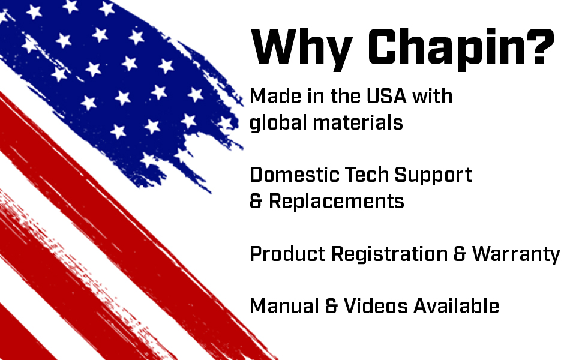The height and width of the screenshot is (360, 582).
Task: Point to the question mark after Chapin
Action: (541, 46)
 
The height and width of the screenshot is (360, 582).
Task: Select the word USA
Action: (386, 96)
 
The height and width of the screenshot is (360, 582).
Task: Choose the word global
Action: (278, 123)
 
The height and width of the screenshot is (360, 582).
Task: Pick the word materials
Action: (358, 123)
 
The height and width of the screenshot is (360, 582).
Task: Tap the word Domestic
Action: (295, 175)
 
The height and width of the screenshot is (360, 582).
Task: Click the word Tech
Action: (367, 175)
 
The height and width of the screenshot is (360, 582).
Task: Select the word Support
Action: (433, 176)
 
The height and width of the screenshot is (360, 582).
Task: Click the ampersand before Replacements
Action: (256, 201)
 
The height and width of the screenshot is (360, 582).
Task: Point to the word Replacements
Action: (336, 202)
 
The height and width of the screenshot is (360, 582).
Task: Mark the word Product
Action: (287, 254)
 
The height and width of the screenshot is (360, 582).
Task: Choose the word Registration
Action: (389, 255)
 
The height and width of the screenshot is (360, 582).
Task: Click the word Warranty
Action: (516, 255)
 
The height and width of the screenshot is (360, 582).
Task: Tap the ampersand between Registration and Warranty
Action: (460, 254)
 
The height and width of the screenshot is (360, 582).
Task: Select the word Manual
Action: (284, 307)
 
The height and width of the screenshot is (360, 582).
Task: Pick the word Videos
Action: (376, 307)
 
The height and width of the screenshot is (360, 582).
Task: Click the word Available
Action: (456, 307)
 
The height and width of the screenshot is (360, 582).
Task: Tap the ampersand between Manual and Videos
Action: (331, 307)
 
